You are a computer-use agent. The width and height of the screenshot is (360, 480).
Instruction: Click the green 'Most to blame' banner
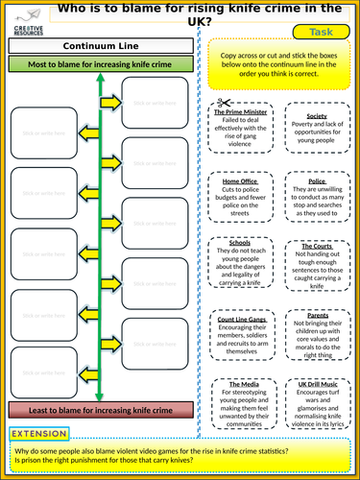(100, 65)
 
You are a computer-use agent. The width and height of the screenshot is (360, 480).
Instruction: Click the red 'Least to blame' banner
(100, 410)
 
